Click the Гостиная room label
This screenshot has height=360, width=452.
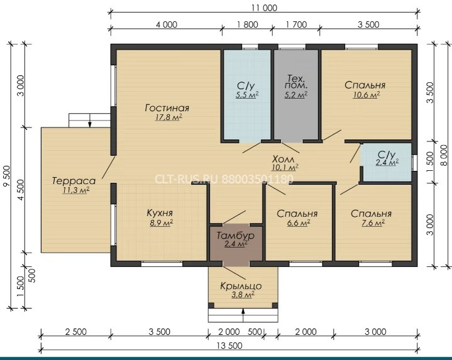(167, 108)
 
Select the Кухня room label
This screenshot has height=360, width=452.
(160, 213)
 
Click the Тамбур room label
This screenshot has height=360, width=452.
(235, 236)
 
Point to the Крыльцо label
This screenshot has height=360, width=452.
(241, 286)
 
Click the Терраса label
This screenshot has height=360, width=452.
(74, 181)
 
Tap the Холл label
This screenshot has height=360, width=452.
(284, 159)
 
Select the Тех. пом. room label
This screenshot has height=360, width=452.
(296, 82)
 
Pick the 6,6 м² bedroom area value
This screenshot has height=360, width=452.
(299, 223)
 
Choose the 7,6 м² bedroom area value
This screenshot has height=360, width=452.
(373, 223)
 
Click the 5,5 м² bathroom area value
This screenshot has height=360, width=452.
(247, 95)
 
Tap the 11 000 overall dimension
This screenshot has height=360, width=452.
(264, 8)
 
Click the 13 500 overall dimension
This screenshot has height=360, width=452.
(229, 346)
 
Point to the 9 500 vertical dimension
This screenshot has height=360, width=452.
(7, 177)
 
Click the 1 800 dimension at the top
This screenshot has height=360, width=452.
(247, 25)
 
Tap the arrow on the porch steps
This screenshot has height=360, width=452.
(243, 315)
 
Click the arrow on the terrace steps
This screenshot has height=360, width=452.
(90, 121)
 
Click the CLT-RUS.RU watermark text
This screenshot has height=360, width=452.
(187, 179)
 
